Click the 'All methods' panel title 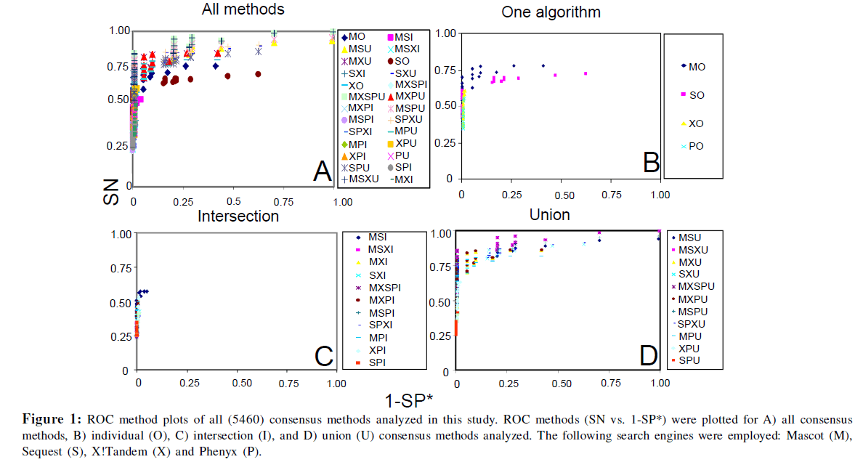click(x=243, y=9)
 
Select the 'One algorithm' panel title click(x=551, y=12)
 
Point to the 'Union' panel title click(x=549, y=214)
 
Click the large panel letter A click(x=322, y=171)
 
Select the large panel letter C click(x=323, y=356)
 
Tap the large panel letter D click(x=648, y=355)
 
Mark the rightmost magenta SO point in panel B click(x=586, y=73)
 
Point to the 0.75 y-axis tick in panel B click(x=445, y=70)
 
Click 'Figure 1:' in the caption click(x=52, y=420)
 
